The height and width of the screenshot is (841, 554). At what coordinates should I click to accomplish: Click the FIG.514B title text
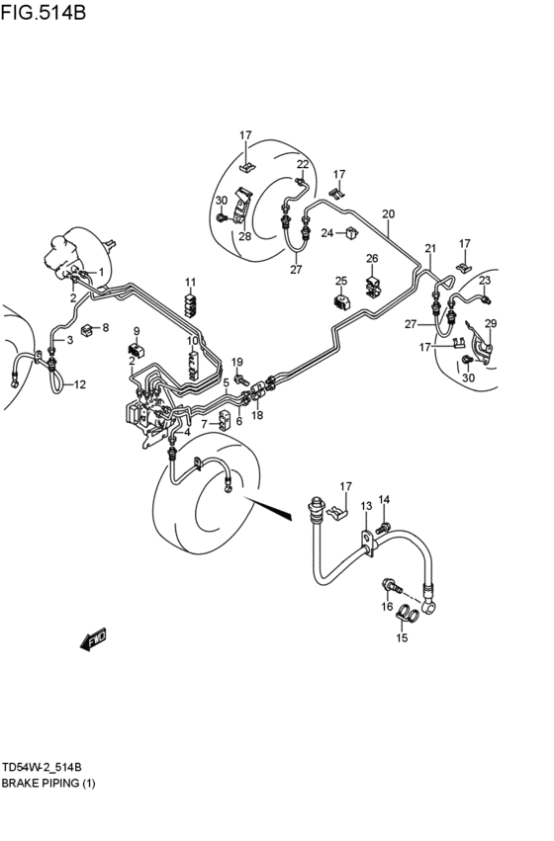(43, 12)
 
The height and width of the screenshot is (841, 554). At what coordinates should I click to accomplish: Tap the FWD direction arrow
(93, 638)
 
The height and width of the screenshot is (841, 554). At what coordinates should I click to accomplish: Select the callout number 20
(388, 214)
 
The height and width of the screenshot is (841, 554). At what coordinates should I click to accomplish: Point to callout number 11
(191, 282)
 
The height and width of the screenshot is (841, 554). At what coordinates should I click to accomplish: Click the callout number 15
(402, 637)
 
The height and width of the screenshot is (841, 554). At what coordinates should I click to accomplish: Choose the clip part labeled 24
(352, 233)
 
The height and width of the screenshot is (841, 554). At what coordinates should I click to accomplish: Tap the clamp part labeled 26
(374, 287)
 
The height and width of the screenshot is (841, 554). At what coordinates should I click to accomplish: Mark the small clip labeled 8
(87, 329)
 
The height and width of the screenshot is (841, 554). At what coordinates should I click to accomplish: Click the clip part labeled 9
(137, 351)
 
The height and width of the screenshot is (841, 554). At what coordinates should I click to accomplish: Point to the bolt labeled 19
(242, 381)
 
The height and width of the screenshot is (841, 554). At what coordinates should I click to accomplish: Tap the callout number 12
(79, 384)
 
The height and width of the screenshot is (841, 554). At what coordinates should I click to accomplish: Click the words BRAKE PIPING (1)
(48, 784)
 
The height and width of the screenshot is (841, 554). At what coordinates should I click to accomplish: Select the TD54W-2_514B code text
(42, 768)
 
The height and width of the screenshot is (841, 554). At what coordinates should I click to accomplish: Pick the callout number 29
(491, 323)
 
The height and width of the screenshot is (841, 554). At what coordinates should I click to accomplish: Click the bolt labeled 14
(382, 528)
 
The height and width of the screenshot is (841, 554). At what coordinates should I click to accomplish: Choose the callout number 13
(366, 506)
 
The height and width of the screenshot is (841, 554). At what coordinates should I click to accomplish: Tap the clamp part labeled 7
(225, 421)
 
